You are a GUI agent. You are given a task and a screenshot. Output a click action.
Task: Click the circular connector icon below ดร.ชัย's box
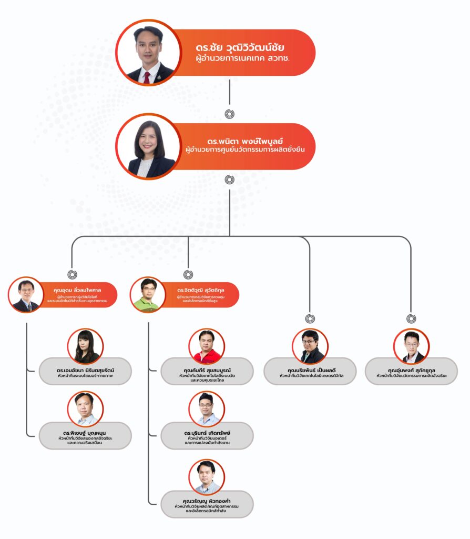tap(230, 114)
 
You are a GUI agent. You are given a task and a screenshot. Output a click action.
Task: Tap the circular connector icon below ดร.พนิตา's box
tap(230, 180)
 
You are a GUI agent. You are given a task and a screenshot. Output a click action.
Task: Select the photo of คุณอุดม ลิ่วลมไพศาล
tap(26, 295)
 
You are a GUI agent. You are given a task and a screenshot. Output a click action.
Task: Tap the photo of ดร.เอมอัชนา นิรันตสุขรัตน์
tap(85, 346)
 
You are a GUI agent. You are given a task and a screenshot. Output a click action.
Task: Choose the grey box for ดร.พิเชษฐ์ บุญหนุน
tap(85, 436)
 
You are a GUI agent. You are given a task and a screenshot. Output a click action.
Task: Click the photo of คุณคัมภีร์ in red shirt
tap(207, 346)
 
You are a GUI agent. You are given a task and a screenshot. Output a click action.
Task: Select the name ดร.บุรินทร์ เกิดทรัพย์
tap(207, 433)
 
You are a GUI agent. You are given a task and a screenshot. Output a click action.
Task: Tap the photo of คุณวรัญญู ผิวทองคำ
tap(207, 477)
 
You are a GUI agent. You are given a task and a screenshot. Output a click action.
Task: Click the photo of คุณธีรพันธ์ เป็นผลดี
tap(310, 346)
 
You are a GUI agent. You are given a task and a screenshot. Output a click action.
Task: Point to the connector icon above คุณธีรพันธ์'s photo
tap(310, 318)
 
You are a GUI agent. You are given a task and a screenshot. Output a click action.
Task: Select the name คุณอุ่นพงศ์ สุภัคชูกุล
tap(411, 370)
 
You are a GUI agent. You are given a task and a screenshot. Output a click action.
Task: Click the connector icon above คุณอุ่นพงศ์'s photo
tap(411, 318)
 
